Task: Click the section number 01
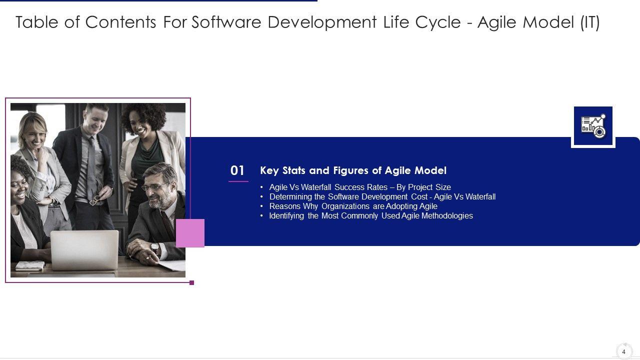[x=237, y=170]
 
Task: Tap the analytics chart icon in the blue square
[x=593, y=126]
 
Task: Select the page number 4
[x=623, y=351]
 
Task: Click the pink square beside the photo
[x=190, y=233]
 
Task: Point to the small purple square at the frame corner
[x=191, y=283]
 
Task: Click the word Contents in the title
[x=120, y=22]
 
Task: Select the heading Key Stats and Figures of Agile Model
[x=353, y=170]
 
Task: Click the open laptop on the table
[x=84, y=250]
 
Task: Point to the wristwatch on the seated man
[x=154, y=247]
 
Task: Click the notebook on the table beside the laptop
[x=30, y=265]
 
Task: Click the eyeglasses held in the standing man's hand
[x=95, y=199]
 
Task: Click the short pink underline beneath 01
[x=238, y=181]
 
